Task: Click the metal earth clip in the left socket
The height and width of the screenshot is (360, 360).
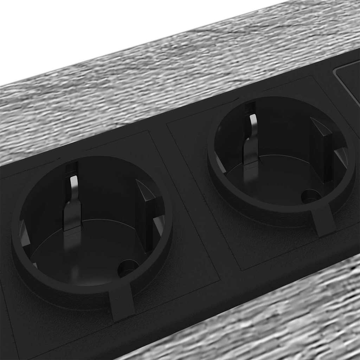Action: (73, 204)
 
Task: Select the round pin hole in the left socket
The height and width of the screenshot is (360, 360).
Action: (127, 268)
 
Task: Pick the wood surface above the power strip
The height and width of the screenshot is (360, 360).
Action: (141, 88)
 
